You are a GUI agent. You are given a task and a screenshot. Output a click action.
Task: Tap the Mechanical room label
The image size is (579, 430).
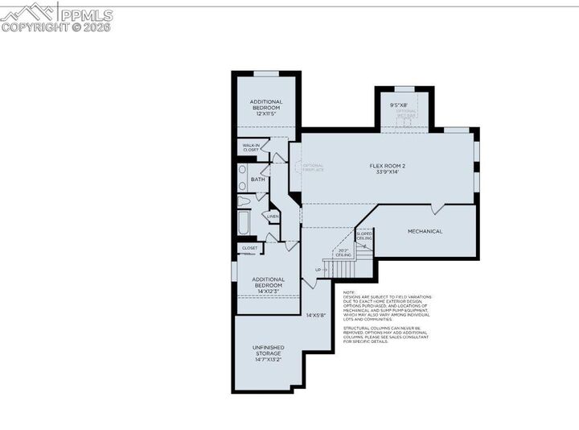point(425,231)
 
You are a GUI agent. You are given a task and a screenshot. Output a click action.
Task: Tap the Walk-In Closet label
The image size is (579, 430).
point(251,147)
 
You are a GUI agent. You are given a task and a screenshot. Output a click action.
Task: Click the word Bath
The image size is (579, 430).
point(257,179)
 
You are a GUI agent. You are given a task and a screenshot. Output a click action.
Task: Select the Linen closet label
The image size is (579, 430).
point(273,216)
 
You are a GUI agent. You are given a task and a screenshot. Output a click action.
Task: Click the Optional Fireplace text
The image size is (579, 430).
point(313,167)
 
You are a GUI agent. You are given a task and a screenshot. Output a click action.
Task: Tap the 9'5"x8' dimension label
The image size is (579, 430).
point(399,104)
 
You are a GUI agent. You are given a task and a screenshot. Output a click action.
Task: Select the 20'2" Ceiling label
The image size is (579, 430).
point(343,253)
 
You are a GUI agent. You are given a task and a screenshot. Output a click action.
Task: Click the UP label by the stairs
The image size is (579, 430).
point(318,269)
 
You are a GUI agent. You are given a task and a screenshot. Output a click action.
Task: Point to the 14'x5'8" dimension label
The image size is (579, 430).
point(315,315)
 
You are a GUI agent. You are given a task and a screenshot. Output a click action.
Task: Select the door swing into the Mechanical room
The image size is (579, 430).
point(437,209)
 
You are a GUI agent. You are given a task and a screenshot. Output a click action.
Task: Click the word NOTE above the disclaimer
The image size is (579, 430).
point(349,292)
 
